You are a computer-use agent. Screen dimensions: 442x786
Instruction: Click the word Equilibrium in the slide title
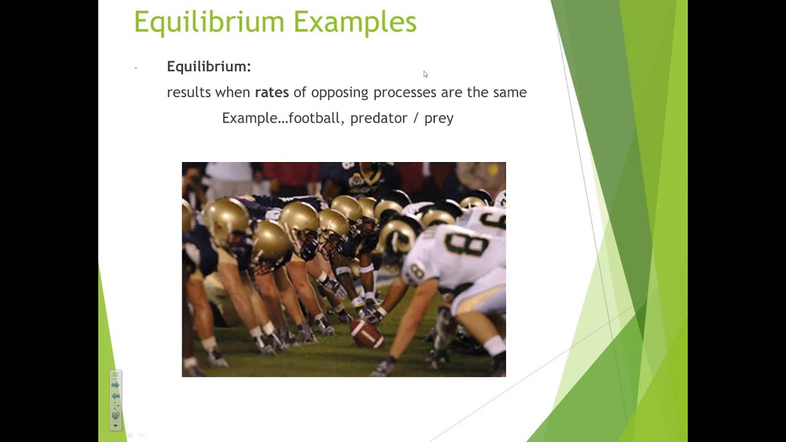[209, 22]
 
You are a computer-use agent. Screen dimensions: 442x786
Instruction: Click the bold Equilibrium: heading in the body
[209, 66]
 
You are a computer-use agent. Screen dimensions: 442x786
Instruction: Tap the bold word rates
[271, 92]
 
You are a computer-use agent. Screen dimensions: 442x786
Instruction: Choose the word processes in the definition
[404, 93]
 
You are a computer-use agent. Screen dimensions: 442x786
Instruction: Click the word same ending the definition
[510, 92]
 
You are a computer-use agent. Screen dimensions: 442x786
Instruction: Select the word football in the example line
[314, 118]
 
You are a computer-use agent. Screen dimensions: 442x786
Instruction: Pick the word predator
[378, 118]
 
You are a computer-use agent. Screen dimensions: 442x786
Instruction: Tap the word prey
[438, 118]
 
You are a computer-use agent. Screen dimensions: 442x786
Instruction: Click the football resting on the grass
[367, 334]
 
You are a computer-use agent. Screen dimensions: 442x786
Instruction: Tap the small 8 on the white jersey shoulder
[418, 270]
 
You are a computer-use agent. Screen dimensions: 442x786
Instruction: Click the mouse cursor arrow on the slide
[425, 74]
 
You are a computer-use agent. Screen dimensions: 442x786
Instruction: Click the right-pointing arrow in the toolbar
[115, 385]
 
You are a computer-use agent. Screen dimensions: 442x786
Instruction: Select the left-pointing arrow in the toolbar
[115, 396]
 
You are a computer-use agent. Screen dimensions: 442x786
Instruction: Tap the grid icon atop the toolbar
[115, 375]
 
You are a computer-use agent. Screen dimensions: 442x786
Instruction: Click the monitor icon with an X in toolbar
[115, 416]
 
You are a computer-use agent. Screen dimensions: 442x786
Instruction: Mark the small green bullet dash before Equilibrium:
[136, 67]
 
